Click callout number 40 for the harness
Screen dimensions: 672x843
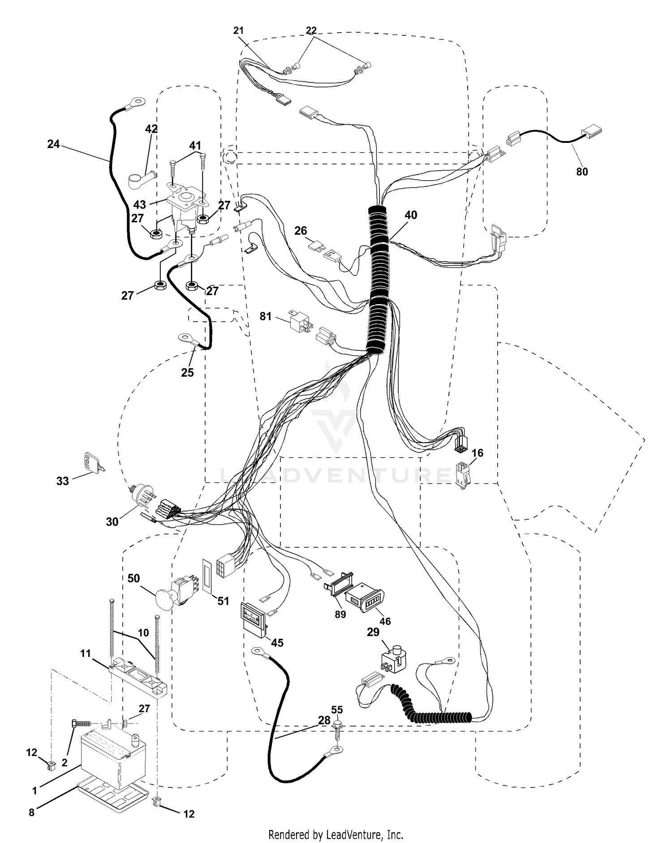click(410, 215)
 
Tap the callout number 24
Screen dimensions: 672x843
click(53, 144)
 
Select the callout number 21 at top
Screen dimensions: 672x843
click(238, 30)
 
